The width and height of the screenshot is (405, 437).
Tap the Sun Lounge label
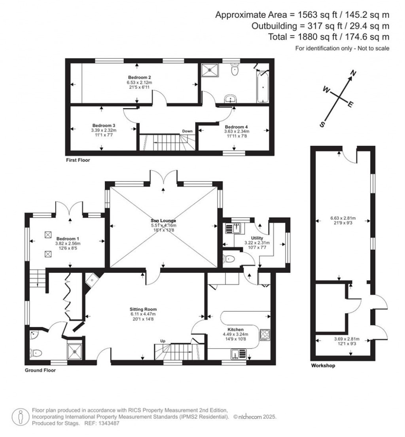163,220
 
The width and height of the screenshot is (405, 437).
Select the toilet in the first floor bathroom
235,70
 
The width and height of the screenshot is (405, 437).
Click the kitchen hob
265,335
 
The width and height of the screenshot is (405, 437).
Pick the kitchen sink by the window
238,353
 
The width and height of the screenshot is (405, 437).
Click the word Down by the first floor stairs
187,131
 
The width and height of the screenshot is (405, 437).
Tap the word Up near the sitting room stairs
163,341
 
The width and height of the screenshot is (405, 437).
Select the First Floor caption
78,161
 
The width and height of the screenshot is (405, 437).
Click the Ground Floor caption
40,370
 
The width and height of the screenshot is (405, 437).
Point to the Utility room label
257,238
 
